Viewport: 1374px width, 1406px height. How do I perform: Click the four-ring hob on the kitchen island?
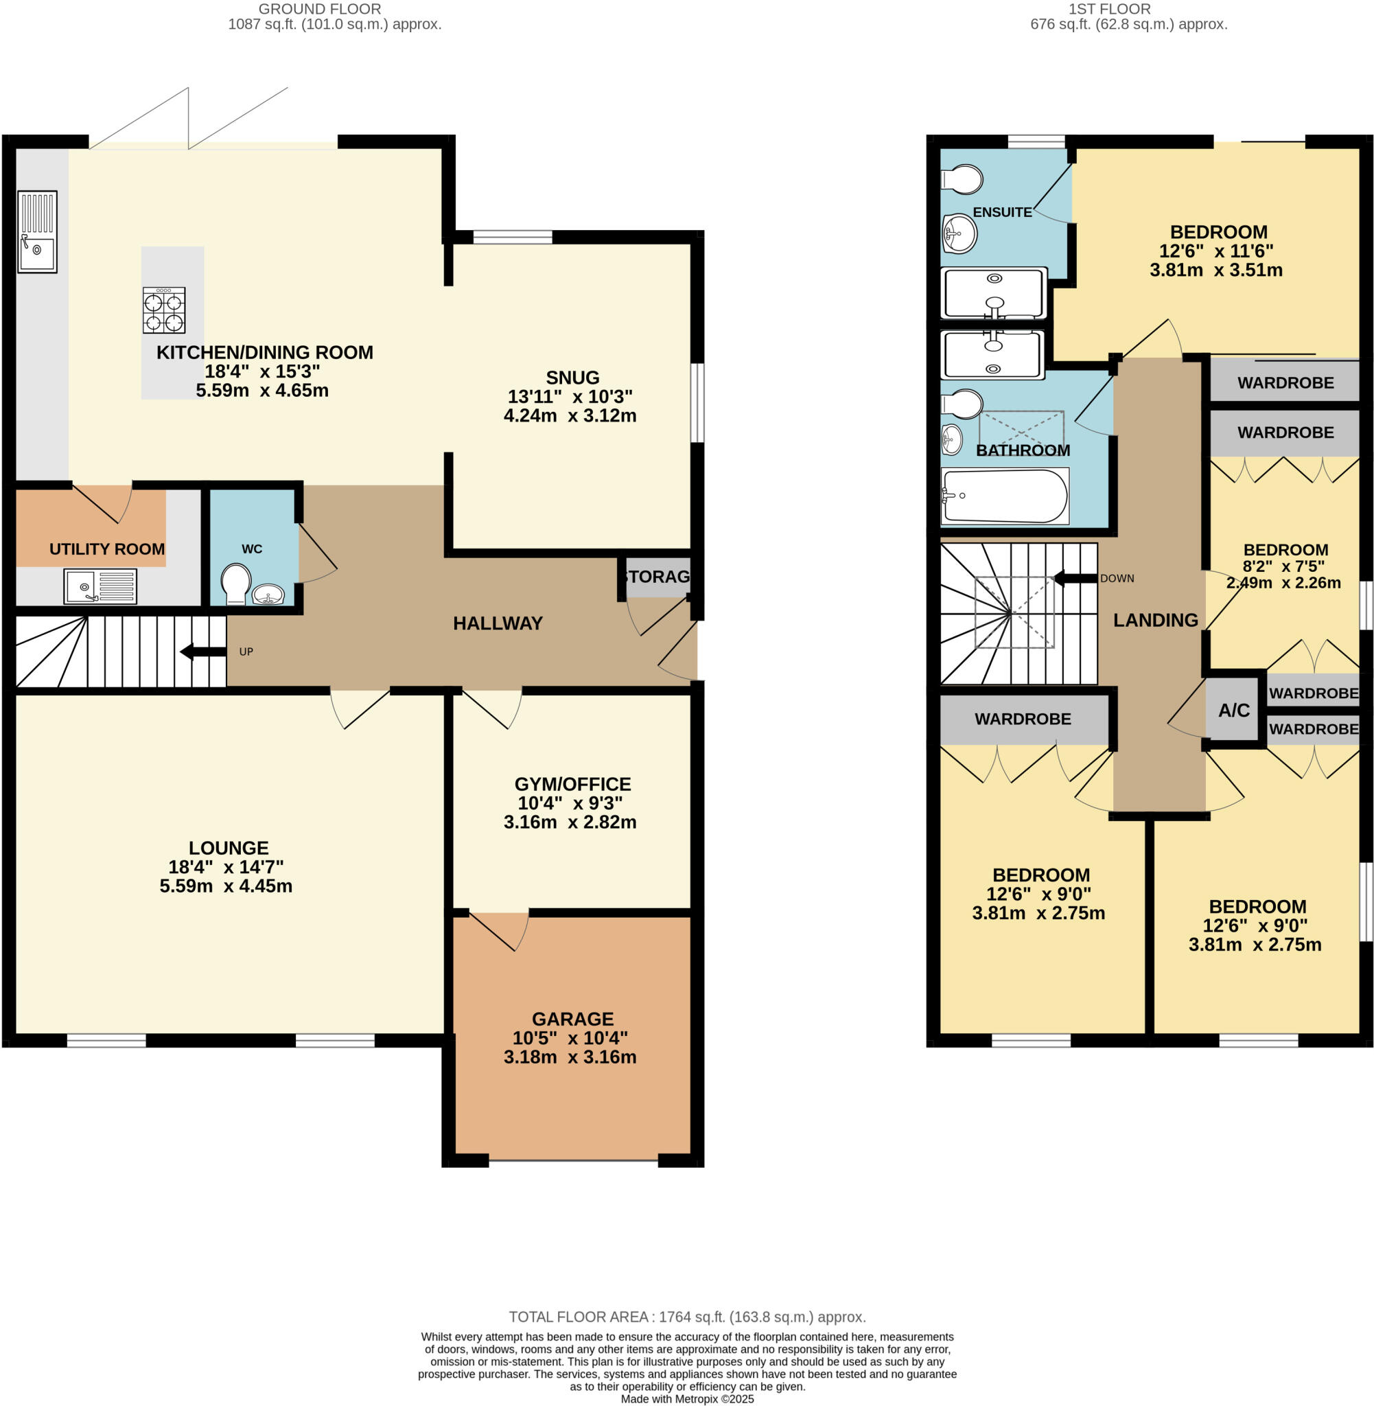point(164,310)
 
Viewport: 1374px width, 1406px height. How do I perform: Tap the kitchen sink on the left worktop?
point(37,231)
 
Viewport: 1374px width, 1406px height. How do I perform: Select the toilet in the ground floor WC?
point(236,583)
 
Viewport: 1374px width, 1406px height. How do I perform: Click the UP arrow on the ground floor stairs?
point(204,652)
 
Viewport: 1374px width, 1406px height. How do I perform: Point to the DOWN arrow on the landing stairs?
point(1076,578)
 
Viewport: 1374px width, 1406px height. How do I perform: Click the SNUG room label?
point(572,378)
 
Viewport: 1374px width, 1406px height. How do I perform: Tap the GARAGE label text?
point(572,1018)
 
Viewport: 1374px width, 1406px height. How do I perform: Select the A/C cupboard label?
point(1233,711)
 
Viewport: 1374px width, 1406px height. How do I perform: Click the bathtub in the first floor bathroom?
point(1005,496)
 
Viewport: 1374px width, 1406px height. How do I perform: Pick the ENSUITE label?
point(1001,212)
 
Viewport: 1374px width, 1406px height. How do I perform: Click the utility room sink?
point(100,586)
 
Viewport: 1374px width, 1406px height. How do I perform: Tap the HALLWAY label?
point(497,623)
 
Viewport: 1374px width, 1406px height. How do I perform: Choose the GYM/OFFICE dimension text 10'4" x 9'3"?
point(570,803)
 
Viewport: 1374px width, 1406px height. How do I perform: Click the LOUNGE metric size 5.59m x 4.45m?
point(226,886)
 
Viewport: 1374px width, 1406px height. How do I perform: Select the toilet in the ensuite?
point(963,179)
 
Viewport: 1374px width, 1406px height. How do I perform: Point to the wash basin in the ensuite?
point(959,233)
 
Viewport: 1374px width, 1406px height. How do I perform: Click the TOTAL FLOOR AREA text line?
point(687,1317)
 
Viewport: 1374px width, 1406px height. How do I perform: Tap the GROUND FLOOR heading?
point(320,9)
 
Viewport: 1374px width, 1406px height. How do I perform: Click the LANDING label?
point(1154,619)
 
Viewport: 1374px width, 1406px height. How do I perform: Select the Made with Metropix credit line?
point(687,1398)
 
